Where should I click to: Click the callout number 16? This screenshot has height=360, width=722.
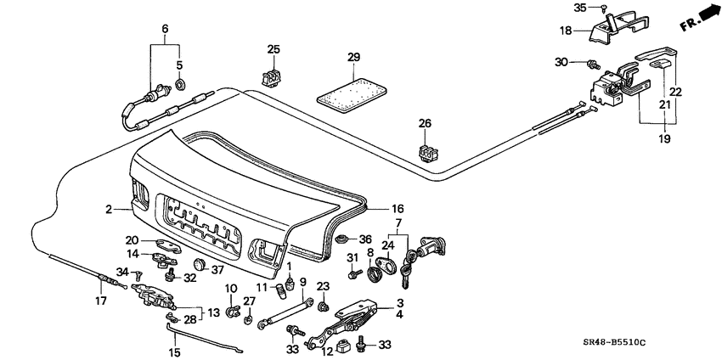click(x=397, y=208)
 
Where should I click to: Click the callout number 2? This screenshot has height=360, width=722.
click(x=109, y=208)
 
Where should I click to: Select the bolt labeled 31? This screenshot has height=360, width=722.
click(x=352, y=273)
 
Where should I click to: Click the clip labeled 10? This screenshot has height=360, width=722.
click(x=232, y=312)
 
